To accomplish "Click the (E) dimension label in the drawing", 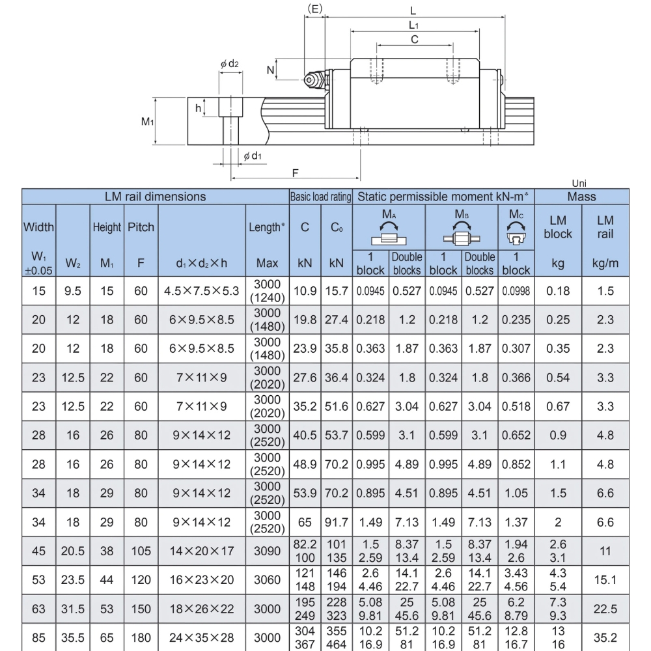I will tap(314, 8).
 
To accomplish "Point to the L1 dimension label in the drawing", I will tap(413, 25).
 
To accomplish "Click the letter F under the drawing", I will tap(295, 173).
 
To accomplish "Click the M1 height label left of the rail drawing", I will tap(148, 121).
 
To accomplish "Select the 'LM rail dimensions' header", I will tap(155, 196).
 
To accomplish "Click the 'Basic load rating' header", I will tap(320, 196).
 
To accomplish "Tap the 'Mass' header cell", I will tap(581, 196).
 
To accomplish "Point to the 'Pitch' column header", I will tap(141, 227).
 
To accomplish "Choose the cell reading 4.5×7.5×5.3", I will tap(201, 292).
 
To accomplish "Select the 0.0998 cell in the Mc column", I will tap(516, 292).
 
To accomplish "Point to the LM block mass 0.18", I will tap(558, 292).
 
